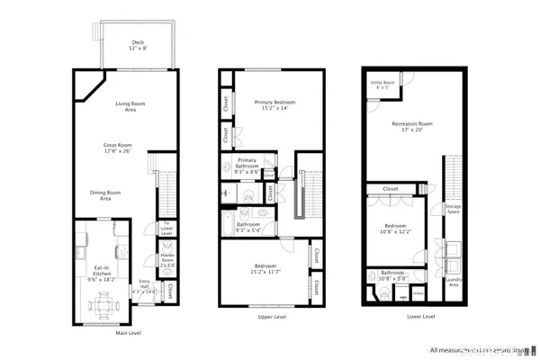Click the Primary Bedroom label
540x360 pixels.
274,105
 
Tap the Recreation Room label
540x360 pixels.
412,126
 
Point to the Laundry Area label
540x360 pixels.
453,283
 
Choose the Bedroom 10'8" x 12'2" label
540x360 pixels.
397,229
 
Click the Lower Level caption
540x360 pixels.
421,317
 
